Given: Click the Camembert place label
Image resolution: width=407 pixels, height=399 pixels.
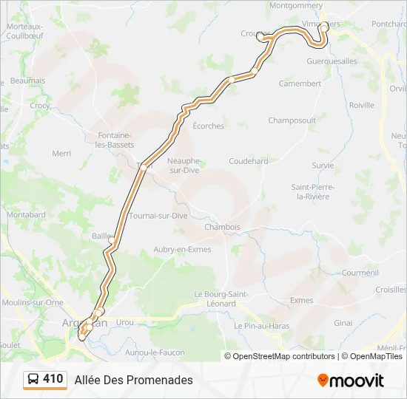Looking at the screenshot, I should [x=300, y=83].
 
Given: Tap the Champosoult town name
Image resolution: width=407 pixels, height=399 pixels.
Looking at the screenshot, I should [x=292, y=120].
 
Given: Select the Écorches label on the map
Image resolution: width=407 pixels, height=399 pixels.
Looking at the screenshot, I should [x=208, y=126].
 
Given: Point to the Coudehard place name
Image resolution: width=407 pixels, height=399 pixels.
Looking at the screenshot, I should [x=248, y=161].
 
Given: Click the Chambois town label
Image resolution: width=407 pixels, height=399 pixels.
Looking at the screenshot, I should [x=222, y=227].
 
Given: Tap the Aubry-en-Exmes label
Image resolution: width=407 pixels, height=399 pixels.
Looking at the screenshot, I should [x=182, y=250].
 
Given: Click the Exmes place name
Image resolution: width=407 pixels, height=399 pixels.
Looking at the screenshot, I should [x=301, y=300].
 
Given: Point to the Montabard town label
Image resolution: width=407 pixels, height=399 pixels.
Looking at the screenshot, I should [x=26, y=214].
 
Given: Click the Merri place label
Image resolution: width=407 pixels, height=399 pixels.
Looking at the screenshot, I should [x=61, y=154].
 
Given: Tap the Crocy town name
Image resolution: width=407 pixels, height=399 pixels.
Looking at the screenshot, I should [x=40, y=106].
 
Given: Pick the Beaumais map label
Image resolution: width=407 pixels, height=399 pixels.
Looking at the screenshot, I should [x=28, y=81].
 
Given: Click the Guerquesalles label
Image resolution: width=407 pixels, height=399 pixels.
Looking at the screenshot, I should [x=332, y=61].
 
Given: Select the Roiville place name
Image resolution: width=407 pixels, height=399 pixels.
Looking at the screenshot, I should [x=362, y=105].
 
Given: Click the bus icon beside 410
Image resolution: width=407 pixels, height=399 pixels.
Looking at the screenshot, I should [x=33, y=380].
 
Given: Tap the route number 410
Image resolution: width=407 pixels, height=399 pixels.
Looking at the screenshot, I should [x=53, y=379].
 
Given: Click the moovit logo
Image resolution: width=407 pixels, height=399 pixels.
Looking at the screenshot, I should [x=351, y=381].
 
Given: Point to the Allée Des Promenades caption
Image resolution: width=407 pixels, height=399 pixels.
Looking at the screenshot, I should [x=133, y=380].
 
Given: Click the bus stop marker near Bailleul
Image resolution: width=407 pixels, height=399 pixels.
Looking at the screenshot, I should [x=112, y=241].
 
